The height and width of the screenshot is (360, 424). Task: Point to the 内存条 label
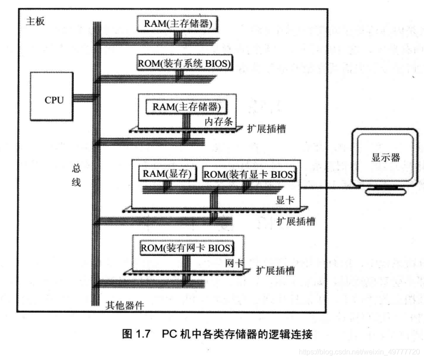tap(219, 121)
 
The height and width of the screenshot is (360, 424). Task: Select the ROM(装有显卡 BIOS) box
tap(249, 174)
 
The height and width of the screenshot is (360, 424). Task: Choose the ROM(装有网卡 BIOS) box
tap(187, 247)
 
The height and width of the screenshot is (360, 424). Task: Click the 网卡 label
tap(234, 263)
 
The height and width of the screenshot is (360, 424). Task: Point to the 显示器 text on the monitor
tap(385, 157)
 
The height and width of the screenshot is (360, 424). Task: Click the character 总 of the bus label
tap(76, 169)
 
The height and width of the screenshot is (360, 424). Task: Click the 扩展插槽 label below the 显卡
tap(295, 221)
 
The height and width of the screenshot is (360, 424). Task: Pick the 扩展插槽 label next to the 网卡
tap(275, 270)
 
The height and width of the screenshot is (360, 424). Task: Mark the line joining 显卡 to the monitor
tap(332, 188)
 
